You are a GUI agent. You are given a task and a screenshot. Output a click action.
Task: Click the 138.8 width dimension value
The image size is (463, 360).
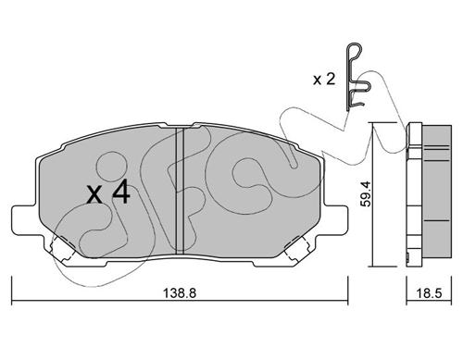[180, 293]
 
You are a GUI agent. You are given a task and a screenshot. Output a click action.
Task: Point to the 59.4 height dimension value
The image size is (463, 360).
[368, 193]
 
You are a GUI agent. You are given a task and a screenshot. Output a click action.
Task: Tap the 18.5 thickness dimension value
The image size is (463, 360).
[429, 293]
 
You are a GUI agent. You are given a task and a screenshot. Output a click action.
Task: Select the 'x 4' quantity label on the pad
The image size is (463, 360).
[108, 192]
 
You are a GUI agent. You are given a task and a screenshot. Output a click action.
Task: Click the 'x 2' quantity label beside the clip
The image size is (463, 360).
[324, 80]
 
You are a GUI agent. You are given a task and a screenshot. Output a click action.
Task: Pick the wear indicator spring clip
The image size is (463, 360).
[355, 77]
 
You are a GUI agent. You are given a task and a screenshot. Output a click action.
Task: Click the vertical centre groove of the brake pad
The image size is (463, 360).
[180, 191]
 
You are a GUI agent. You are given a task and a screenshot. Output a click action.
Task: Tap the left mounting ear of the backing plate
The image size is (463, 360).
[26, 220]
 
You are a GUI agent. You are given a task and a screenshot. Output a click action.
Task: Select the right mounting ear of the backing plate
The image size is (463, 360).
[335, 220]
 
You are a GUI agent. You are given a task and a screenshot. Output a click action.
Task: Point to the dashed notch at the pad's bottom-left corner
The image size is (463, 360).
[63, 249]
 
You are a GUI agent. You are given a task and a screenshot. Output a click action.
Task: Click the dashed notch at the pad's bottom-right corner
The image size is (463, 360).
[296, 249]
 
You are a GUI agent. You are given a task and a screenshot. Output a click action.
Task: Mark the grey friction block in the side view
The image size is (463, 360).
[436, 192]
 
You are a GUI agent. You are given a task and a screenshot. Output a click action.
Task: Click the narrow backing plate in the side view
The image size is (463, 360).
[414, 193]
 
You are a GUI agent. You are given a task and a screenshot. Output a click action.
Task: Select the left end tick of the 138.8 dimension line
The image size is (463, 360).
[12, 290]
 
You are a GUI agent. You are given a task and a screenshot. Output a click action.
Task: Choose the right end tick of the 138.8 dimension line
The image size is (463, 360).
[348, 290]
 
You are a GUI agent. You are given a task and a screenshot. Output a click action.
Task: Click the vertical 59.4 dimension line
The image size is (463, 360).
[373, 194]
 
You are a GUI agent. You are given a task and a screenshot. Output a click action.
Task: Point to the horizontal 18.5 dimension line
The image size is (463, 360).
[429, 300]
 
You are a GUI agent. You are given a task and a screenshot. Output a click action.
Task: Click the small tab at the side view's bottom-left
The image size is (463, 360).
[408, 258]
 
